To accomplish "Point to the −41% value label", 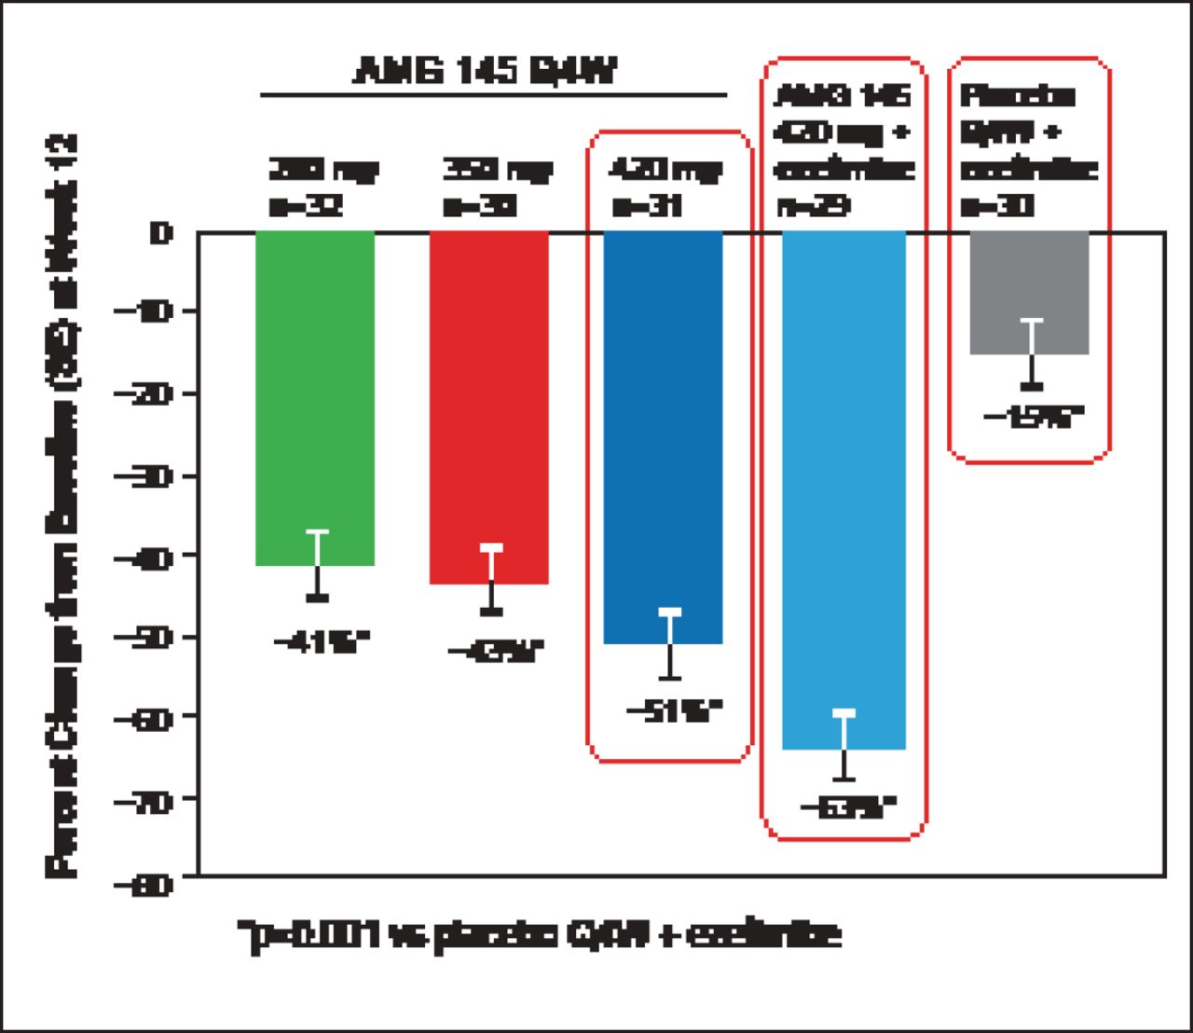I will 322,642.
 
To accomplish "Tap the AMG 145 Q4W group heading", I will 485,71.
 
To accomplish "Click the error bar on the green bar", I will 318,564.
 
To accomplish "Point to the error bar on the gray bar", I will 1032,352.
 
